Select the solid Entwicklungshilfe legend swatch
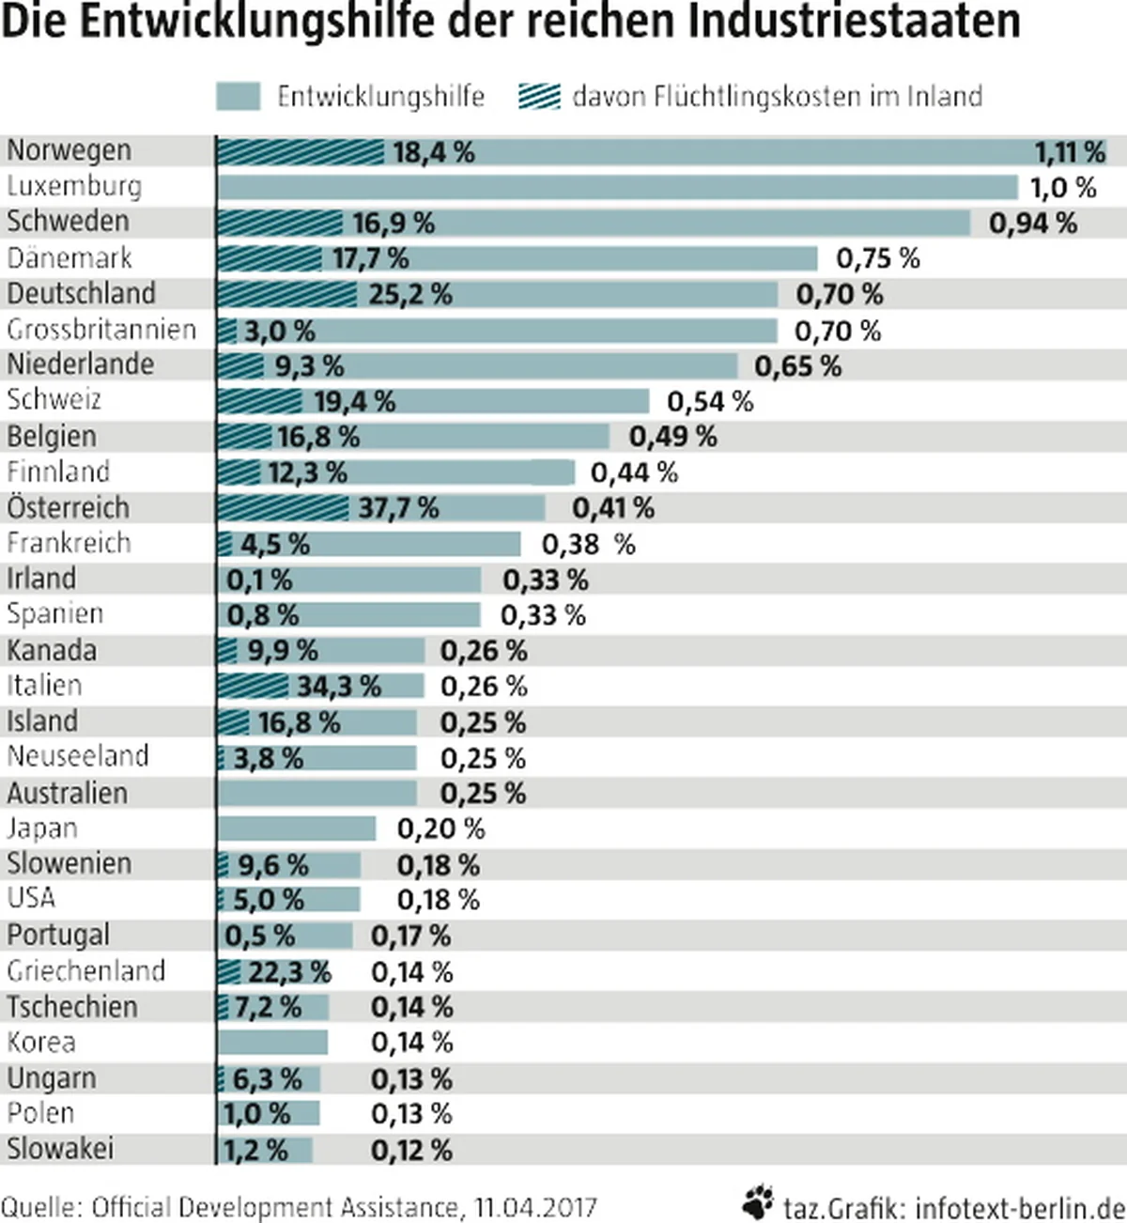[238, 97]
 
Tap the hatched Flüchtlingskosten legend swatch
[539, 97]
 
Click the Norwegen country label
[69, 150]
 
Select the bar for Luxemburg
[617, 187]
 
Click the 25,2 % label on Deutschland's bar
[409, 295]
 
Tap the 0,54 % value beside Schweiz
[710, 402]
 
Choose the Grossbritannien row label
[101, 330]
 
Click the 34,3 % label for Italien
[339, 687]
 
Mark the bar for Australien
[317, 794]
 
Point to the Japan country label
[42, 828]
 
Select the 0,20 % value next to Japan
[440, 829]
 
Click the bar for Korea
[272, 1043]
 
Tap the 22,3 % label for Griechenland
[289, 972]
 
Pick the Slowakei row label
[60, 1149]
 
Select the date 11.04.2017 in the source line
[535, 1207]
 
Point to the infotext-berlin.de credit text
[1019, 1207]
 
